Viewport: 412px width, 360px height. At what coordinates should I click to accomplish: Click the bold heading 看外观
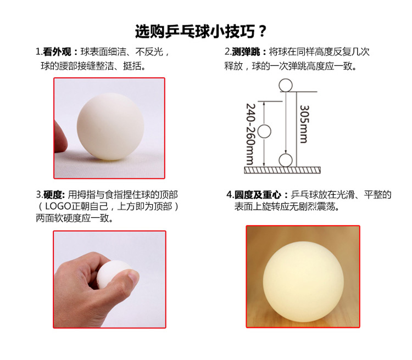coord(58,52)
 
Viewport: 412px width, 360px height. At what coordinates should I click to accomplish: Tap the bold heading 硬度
coord(54,194)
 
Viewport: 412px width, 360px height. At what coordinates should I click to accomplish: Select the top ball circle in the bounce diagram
coord(285,85)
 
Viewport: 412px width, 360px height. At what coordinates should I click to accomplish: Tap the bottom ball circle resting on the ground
coord(285,161)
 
